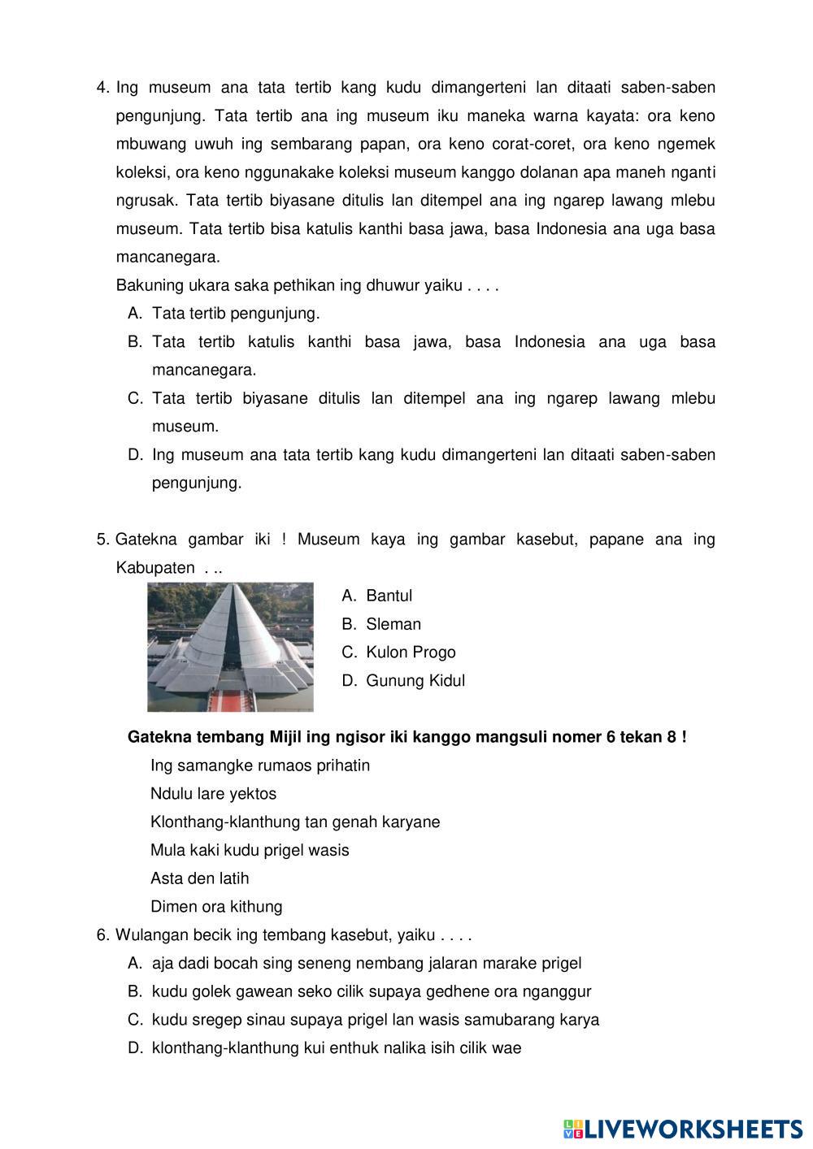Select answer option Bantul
click(x=389, y=596)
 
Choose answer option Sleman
click(x=393, y=624)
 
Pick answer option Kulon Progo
click(x=411, y=653)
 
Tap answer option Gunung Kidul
click(x=415, y=681)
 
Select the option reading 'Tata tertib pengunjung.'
click(x=236, y=314)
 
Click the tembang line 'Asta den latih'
click(x=200, y=878)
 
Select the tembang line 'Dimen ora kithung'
click(x=216, y=907)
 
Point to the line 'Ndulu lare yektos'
click(x=213, y=794)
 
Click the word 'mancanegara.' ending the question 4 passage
click(x=167, y=258)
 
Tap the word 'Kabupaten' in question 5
click(x=155, y=568)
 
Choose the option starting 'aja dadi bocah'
click(x=366, y=964)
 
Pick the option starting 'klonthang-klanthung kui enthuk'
click(x=336, y=1048)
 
